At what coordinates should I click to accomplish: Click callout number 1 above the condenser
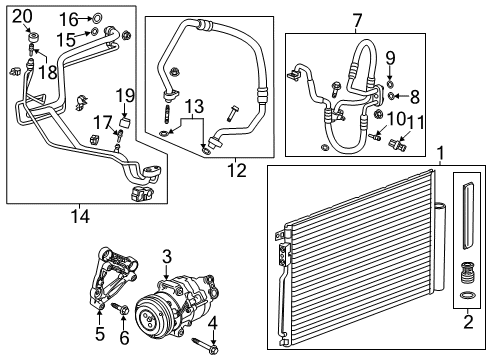[441, 154]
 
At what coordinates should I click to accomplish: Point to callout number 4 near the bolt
[211, 322]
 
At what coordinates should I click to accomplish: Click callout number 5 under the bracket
[99, 334]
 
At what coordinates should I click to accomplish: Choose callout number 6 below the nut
[124, 339]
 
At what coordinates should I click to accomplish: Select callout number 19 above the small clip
[124, 95]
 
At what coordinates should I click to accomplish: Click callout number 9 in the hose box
[391, 56]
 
